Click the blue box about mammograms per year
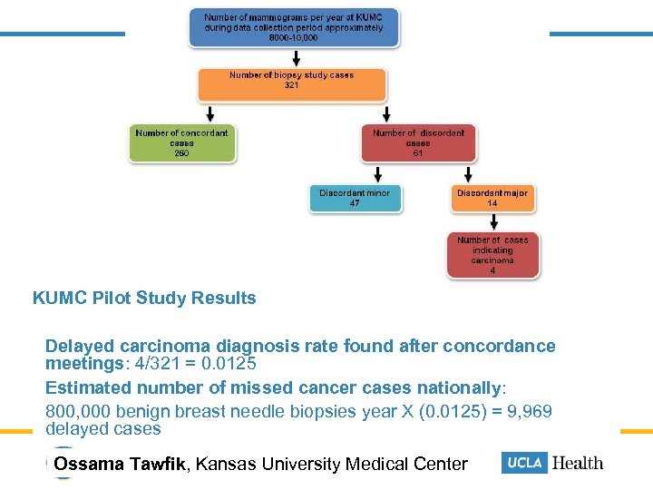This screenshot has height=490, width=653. tap(294, 27)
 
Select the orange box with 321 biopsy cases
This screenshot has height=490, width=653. tap(291, 83)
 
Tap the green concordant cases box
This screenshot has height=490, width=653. tap(181, 143)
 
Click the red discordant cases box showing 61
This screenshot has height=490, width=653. tap(417, 143)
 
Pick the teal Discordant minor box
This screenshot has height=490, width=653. tap(354, 198)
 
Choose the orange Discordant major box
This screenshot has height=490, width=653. tap(492, 198)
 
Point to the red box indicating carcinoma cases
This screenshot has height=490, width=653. tap(492, 254)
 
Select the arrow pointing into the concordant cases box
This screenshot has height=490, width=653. tap(211, 113)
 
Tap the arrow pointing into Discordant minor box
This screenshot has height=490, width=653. tap(374, 174)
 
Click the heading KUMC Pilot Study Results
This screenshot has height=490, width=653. tap(144, 298)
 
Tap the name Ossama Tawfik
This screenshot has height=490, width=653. tap(120, 465)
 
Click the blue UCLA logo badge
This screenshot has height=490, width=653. tap(523, 463)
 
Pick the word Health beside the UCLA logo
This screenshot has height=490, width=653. tap(578, 463)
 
